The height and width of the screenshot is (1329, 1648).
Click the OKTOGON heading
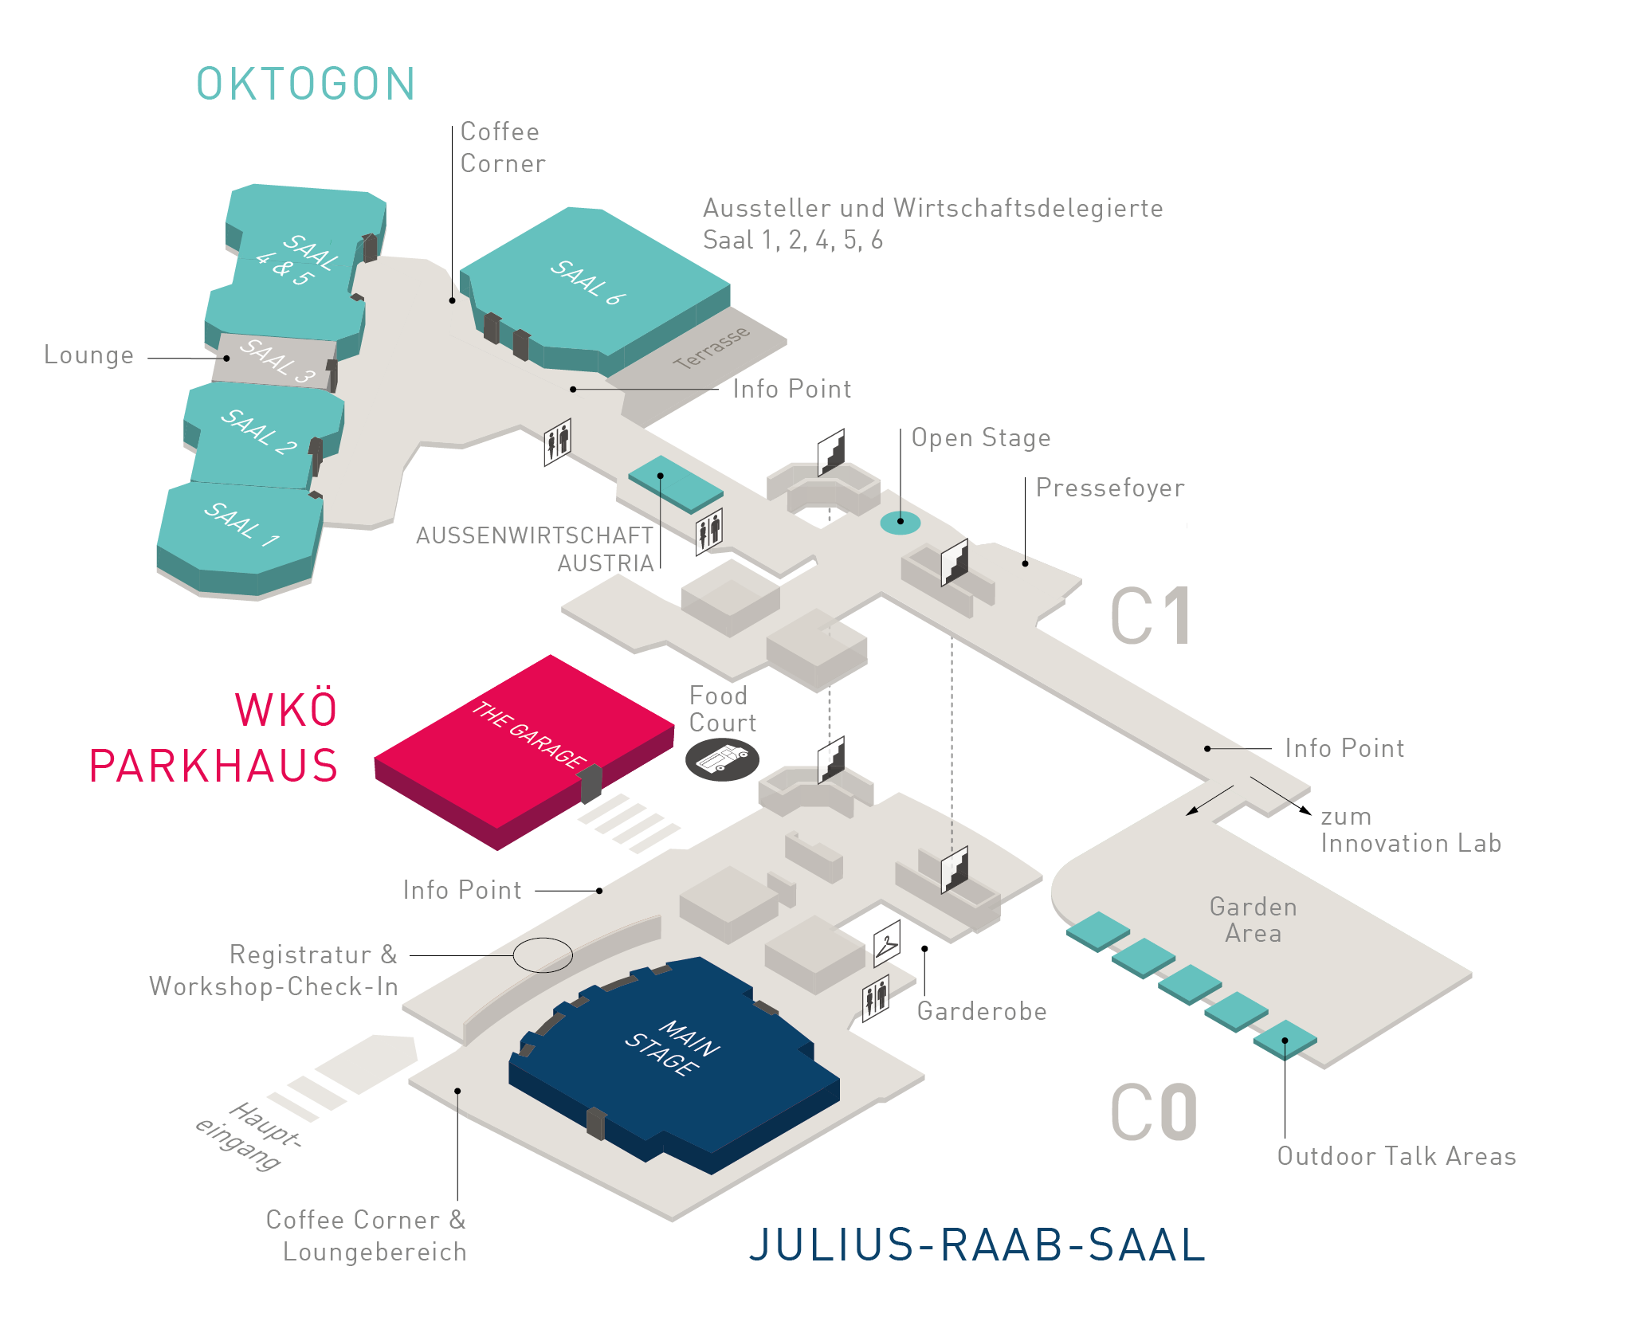click(306, 84)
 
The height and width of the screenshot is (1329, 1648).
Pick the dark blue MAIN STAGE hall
click(674, 1064)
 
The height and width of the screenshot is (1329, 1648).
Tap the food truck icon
click(722, 759)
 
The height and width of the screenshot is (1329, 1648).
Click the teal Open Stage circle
click(901, 523)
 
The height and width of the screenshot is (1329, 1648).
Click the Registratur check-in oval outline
click(543, 955)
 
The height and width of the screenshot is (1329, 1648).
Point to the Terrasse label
click(711, 347)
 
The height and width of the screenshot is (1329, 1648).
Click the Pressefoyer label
click(1110, 488)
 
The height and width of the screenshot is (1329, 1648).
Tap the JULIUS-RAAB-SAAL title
click(977, 1245)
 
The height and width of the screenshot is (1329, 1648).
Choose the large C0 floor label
click(1154, 1112)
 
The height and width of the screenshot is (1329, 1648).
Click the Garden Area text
click(1254, 919)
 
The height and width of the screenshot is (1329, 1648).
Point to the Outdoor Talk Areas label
click(1396, 1156)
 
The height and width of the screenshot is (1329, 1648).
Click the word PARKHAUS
click(214, 766)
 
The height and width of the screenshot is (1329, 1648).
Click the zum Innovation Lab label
click(1411, 829)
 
